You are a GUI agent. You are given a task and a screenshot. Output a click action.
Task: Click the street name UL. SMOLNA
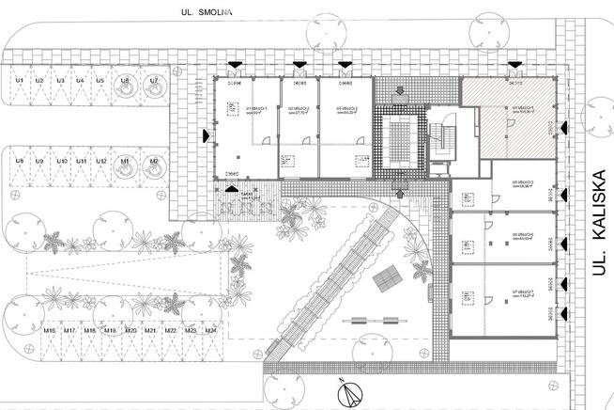click(208, 12)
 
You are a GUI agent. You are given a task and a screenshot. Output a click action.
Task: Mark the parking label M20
click(131, 331)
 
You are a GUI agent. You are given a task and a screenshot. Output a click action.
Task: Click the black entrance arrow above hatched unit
click(514, 64)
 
